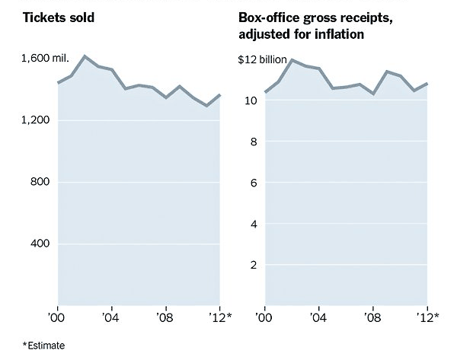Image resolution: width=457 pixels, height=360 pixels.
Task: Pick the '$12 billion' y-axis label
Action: (264, 59)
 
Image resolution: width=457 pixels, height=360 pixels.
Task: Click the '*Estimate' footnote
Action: (44, 346)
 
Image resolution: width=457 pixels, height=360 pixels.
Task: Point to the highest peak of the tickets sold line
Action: (84, 56)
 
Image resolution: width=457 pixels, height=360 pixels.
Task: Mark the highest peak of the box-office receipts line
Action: (292, 59)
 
